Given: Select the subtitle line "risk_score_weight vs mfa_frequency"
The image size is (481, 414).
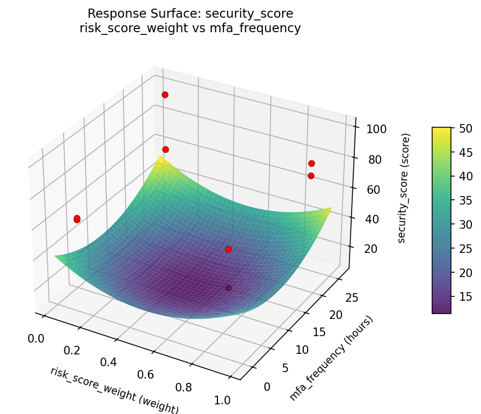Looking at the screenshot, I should point(190,28).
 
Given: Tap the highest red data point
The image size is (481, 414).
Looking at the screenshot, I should point(165,95).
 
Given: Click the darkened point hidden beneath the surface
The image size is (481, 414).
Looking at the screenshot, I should point(228,288).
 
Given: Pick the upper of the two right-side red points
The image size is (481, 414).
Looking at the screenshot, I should point(311,163).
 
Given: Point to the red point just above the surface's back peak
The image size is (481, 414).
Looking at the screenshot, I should point(165,149).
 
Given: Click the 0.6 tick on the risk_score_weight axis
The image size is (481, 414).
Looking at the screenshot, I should point(145,374).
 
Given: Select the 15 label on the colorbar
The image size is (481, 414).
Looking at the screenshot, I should point(465,296).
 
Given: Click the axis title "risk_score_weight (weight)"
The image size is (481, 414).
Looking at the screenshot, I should point(114,390).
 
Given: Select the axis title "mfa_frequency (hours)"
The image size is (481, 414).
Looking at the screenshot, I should point(331,358).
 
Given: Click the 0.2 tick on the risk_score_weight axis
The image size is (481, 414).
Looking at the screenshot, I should point(72,350).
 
